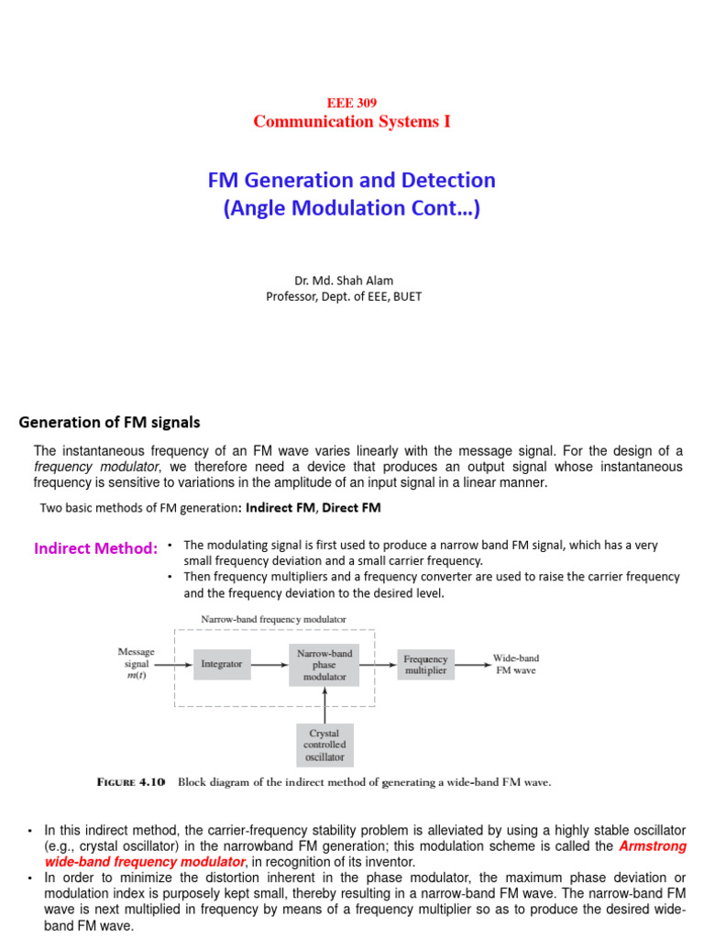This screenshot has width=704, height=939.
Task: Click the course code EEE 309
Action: pos(352,104)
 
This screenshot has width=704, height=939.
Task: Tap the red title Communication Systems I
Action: pos(352,121)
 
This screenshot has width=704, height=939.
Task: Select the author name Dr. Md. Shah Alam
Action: pos(344,281)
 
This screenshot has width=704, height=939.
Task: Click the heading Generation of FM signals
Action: pos(109,423)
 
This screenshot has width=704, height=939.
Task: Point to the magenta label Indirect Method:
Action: pos(96,548)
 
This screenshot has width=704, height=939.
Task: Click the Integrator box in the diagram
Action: pos(222,663)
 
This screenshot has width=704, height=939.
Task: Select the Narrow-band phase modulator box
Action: pos(324,664)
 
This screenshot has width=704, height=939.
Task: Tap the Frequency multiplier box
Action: pos(425,664)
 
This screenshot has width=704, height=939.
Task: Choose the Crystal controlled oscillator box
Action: pos(324,746)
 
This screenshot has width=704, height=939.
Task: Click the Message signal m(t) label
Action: pos(139,664)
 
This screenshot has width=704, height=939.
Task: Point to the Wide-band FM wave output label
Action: pos(515,664)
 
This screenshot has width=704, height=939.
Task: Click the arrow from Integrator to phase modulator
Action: pos(269,663)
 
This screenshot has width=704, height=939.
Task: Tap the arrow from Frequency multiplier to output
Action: pos(471,664)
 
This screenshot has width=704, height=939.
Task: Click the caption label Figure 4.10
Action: pos(131,782)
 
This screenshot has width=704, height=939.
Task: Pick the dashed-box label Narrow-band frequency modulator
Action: pos(274,619)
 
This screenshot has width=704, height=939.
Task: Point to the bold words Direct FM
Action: pos(352,507)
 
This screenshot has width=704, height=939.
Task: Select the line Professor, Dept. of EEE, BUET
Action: pos(344,296)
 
